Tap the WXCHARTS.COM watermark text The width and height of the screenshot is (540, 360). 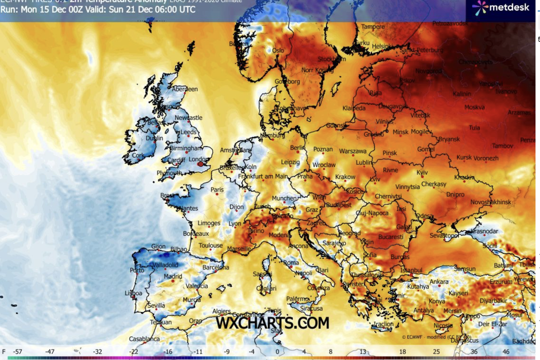click(272, 323)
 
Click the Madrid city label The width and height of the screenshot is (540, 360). click(173, 276)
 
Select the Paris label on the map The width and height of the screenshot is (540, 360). click(217, 190)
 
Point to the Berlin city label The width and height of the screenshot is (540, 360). click(298, 148)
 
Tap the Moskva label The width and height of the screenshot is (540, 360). click(474, 108)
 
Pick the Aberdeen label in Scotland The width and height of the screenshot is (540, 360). click(185, 89)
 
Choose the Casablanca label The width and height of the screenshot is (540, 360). click(144, 339)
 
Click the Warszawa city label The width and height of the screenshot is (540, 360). click(353, 151)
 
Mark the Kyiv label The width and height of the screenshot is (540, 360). click(422, 173)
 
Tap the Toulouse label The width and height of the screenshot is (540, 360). click(211, 246)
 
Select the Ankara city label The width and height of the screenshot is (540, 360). click(439, 282)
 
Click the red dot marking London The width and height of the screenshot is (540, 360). click(201, 164)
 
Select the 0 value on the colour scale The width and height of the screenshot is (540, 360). click(278, 351)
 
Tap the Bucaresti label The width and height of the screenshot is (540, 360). click(391, 237)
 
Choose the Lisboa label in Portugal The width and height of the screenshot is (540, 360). click(133, 293)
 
